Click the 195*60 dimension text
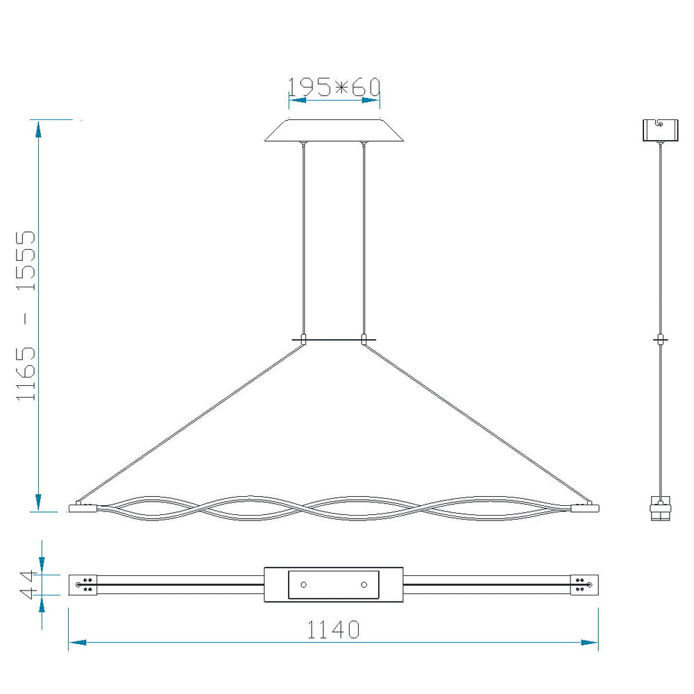coord(335,87)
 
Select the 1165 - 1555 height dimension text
coord(26,316)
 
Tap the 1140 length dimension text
coord(333,629)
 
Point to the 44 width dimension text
coord(26,584)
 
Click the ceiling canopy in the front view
coord(335,130)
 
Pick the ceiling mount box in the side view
coord(661,130)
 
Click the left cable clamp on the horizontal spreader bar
coord(304,339)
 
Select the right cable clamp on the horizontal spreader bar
coord(364,339)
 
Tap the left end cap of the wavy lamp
coord(83,508)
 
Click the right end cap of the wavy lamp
coord(584,508)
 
